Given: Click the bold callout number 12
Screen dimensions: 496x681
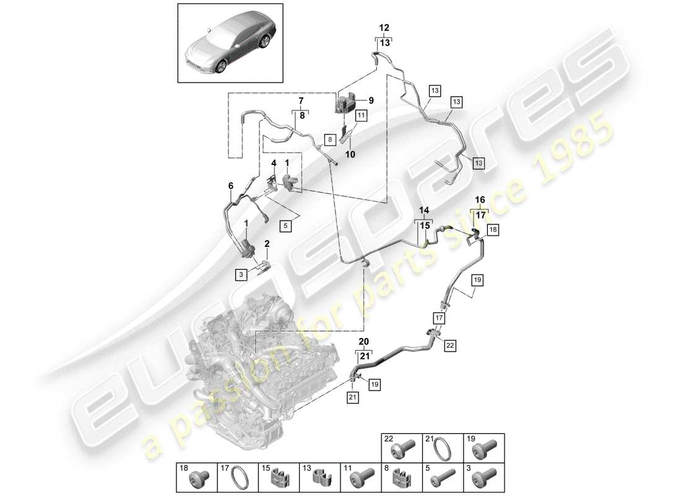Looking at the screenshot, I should (384, 28).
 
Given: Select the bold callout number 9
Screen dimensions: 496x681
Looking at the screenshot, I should (371, 100).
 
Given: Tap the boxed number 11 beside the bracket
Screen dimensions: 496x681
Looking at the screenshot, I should (361, 115).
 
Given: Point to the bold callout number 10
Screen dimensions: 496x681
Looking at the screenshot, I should (350, 155).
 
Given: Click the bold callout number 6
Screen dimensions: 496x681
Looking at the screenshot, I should (231, 185).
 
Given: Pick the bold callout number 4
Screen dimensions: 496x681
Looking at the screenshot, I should (273, 164).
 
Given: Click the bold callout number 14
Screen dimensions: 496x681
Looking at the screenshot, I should (424, 211).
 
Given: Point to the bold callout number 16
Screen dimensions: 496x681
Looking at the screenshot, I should (480, 201).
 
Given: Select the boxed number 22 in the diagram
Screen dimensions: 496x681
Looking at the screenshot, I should (449, 345).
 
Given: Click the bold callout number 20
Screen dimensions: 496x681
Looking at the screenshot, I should (363, 342).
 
